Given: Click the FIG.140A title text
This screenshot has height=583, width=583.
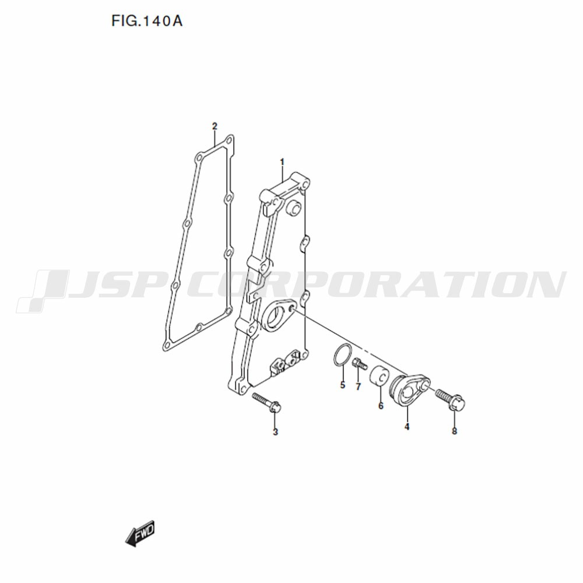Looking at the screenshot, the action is click(147, 21).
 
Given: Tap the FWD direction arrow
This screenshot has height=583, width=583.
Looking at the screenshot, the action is click(140, 533).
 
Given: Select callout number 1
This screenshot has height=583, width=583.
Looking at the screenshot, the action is click(282, 162).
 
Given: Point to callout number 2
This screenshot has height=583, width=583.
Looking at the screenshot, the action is click(215, 126).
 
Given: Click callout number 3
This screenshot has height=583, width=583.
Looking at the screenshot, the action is click(275, 431).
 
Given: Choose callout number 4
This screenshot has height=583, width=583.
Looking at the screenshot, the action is click(407, 427).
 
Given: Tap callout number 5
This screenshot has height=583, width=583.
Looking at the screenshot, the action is click(342, 385).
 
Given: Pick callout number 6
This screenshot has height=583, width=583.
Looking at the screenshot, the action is click(381, 405).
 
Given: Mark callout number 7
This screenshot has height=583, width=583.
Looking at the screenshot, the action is click(358, 387).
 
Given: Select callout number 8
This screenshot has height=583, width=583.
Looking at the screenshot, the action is click(454, 431).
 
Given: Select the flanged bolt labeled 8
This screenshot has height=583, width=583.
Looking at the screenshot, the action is click(450, 399).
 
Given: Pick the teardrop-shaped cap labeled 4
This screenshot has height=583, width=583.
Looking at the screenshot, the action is click(409, 391).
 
